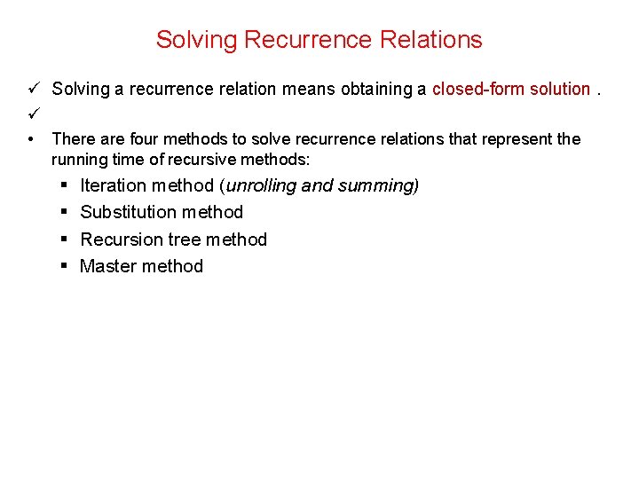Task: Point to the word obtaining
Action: click(x=381, y=89)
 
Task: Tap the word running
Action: click(x=79, y=160)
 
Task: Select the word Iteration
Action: click(x=113, y=185)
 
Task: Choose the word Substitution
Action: click(x=130, y=212)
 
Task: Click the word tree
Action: click(x=177, y=239)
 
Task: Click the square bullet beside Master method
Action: click(x=67, y=266)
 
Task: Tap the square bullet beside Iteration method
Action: click(x=67, y=185)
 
